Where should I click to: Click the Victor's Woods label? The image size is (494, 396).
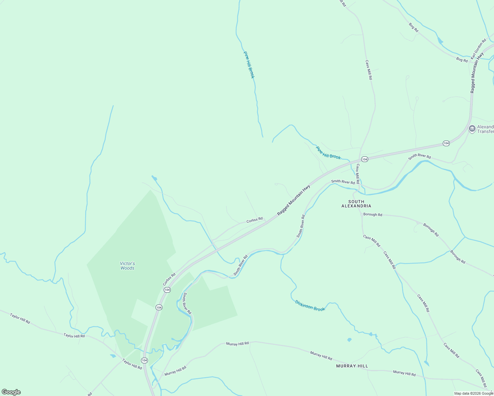click(x=127, y=266)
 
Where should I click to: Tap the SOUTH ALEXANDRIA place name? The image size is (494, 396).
click(x=356, y=204)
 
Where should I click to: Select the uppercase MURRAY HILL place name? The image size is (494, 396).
click(x=352, y=366)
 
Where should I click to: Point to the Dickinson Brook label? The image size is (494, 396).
click(x=310, y=306)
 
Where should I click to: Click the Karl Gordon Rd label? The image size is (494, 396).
click(x=478, y=49)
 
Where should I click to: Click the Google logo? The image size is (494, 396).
click(x=11, y=392)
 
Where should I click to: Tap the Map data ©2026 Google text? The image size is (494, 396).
click(x=474, y=393)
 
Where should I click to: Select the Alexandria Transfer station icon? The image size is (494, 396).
click(x=472, y=129)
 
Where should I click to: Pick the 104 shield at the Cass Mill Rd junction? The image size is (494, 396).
click(x=364, y=159)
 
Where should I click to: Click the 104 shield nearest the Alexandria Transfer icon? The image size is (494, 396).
click(x=446, y=143)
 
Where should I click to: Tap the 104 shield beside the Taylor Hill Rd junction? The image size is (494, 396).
click(x=144, y=360)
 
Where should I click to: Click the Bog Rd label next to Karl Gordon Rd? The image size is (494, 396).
click(x=462, y=60)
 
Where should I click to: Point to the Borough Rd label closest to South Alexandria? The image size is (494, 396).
click(x=372, y=214)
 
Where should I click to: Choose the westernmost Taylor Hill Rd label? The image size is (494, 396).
click(x=20, y=318)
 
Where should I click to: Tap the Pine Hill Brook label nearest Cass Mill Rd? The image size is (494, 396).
click(x=328, y=152)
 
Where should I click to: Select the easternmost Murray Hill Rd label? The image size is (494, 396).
click(x=404, y=373)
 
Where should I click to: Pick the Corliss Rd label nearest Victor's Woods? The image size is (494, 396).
click(x=169, y=279)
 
